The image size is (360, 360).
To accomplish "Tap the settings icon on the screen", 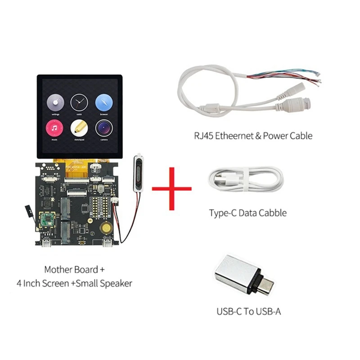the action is point(55,103).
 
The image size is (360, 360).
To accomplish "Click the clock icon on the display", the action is point(79,103).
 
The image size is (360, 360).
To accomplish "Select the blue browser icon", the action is point(103,103).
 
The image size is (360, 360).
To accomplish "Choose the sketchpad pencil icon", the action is point(79,129).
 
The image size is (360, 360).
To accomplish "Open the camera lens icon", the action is point(103,129).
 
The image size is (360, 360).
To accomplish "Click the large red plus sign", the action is point(171,188).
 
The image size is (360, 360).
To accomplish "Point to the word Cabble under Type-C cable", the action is point(270,213).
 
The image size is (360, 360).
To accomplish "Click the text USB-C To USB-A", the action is point(248,311).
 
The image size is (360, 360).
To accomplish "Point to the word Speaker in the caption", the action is point(117,283).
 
